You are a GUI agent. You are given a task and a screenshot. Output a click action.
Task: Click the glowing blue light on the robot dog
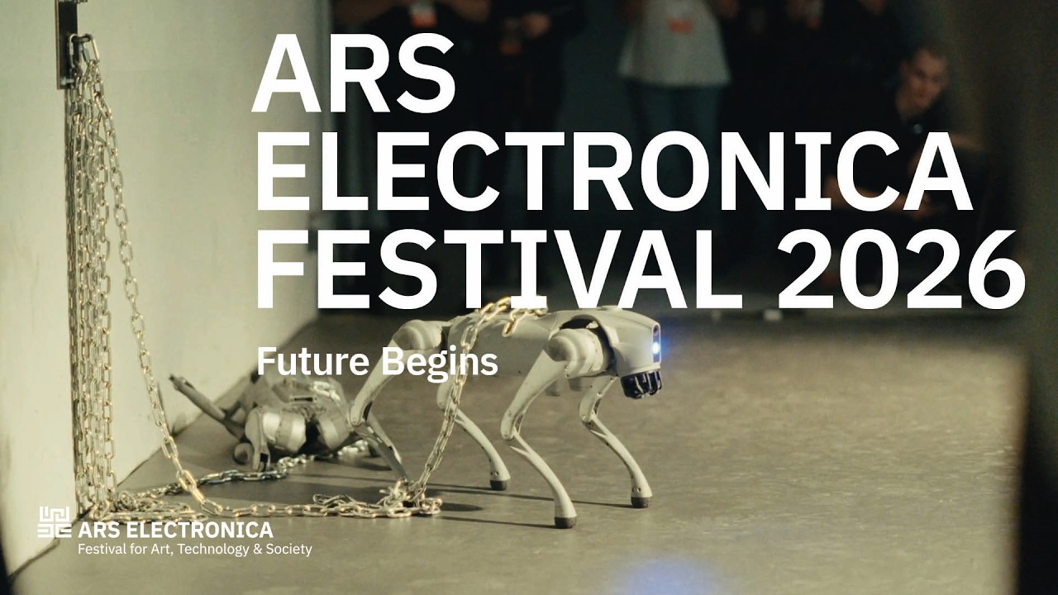click(x=655, y=348)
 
